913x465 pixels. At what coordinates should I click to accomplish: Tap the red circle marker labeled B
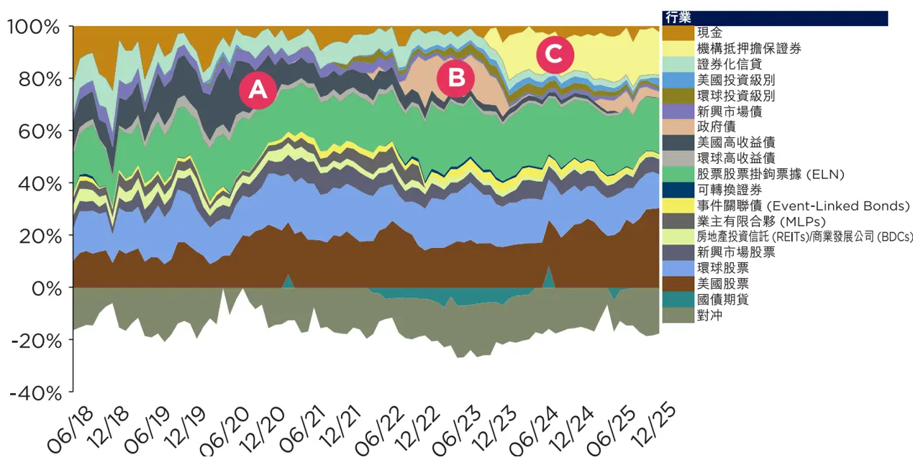coord(457,78)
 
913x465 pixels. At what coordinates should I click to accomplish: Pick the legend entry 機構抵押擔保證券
coord(749,49)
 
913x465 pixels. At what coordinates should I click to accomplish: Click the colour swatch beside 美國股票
coord(678,284)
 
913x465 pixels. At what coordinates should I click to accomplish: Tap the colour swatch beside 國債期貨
coord(678,300)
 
